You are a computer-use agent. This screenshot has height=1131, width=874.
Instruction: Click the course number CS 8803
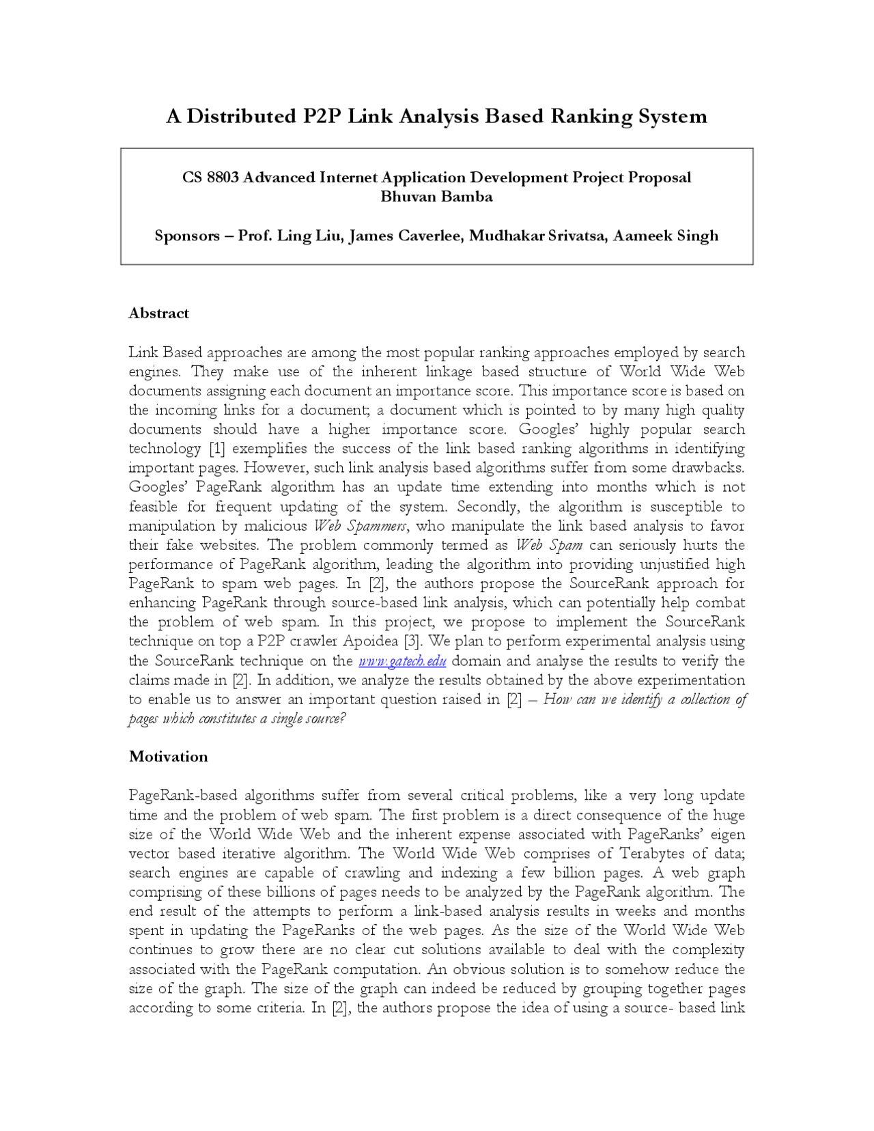pyautogui.click(x=210, y=178)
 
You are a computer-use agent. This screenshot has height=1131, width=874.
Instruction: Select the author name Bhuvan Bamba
pyautogui.click(x=436, y=197)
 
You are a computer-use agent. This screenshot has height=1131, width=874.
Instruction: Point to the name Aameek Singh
pyautogui.click(x=665, y=236)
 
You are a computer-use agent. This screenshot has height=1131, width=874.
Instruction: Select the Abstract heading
pyautogui.click(x=159, y=313)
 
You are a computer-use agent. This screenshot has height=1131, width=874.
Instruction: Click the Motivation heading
pyautogui.click(x=168, y=757)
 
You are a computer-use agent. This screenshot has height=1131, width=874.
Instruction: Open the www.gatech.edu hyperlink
pyautogui.click(x=402, y=661)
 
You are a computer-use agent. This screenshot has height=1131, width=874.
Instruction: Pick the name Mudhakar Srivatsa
pyautogui.click(x=537, y=236)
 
